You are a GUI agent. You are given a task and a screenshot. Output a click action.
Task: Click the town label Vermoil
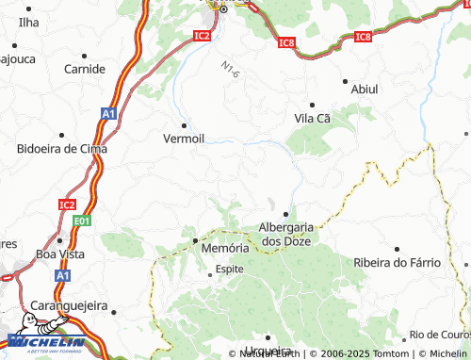[x=185, y=138]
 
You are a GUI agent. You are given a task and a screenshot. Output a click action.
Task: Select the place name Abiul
[x=364, y=89]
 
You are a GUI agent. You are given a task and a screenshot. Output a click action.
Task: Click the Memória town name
[x=226, y=247]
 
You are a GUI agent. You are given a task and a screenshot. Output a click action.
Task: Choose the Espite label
[x=230, y=269]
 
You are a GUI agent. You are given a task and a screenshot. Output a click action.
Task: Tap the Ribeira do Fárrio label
[x=398, y=262]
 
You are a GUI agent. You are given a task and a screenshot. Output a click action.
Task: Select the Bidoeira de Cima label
[x=62, y=149]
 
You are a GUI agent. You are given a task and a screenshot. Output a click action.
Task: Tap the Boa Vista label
[x=59, y=254]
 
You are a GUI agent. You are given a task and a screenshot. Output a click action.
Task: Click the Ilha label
[x=29, y=21]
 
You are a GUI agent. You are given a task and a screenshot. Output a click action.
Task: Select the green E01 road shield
[x=82, y=221]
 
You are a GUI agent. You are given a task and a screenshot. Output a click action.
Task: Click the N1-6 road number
[x=231, y=70]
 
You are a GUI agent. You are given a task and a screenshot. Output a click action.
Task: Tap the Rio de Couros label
[x=439, y=335]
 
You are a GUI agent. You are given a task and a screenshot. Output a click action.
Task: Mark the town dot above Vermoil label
[x=185, y=123]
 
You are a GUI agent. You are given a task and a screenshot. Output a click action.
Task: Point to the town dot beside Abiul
[x=345, y=81]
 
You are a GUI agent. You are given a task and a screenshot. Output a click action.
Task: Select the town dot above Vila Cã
[x=312, y=105]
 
